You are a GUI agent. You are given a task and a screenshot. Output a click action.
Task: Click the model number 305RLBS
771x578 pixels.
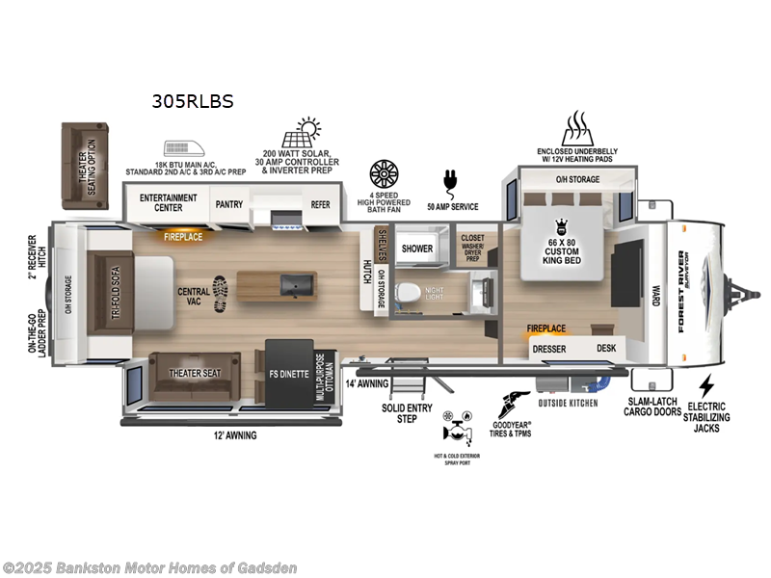(x=192, y=99)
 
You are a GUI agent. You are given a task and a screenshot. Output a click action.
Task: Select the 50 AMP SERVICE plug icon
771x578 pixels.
(x=448, y=181)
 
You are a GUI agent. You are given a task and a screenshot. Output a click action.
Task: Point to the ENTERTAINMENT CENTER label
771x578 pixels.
(x=169, y=203)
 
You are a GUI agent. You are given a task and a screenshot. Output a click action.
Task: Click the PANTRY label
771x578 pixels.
(x=228, y=203)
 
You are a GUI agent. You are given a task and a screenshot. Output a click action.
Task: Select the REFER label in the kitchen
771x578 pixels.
(x=320, y=203)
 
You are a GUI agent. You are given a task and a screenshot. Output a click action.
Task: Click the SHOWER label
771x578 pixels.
(x=417, y=248)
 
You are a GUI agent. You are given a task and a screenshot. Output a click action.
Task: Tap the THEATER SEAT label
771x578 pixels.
(x=195, y=373)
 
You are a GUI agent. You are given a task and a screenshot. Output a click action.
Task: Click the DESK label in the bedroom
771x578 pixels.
(x=605, y=349)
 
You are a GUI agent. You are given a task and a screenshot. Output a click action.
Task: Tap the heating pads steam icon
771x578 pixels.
(x=575, y=127)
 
